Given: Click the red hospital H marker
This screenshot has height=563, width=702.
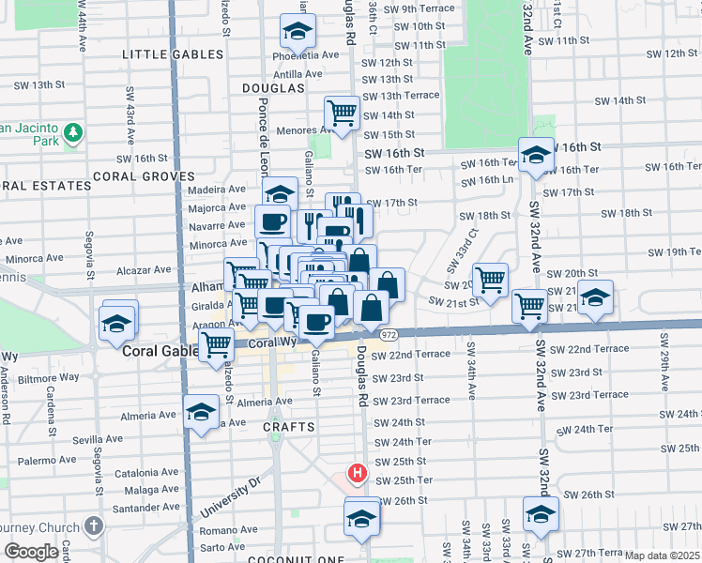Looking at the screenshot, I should tap(357, 474).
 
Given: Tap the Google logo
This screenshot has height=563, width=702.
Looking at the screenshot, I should tap(31, 552).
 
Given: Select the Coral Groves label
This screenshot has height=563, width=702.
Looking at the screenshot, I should tap(143, 176).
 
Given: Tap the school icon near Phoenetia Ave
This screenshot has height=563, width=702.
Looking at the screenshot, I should tap(298, 33).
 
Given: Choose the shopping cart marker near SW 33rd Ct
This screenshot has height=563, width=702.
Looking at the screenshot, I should tap(490, 279).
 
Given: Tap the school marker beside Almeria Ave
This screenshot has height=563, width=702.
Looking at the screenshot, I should tap(200, 412).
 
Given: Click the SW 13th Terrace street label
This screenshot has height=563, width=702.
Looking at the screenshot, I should tap(401, 96).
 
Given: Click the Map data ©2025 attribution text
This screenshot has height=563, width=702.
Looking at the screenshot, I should tap(661, 555).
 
